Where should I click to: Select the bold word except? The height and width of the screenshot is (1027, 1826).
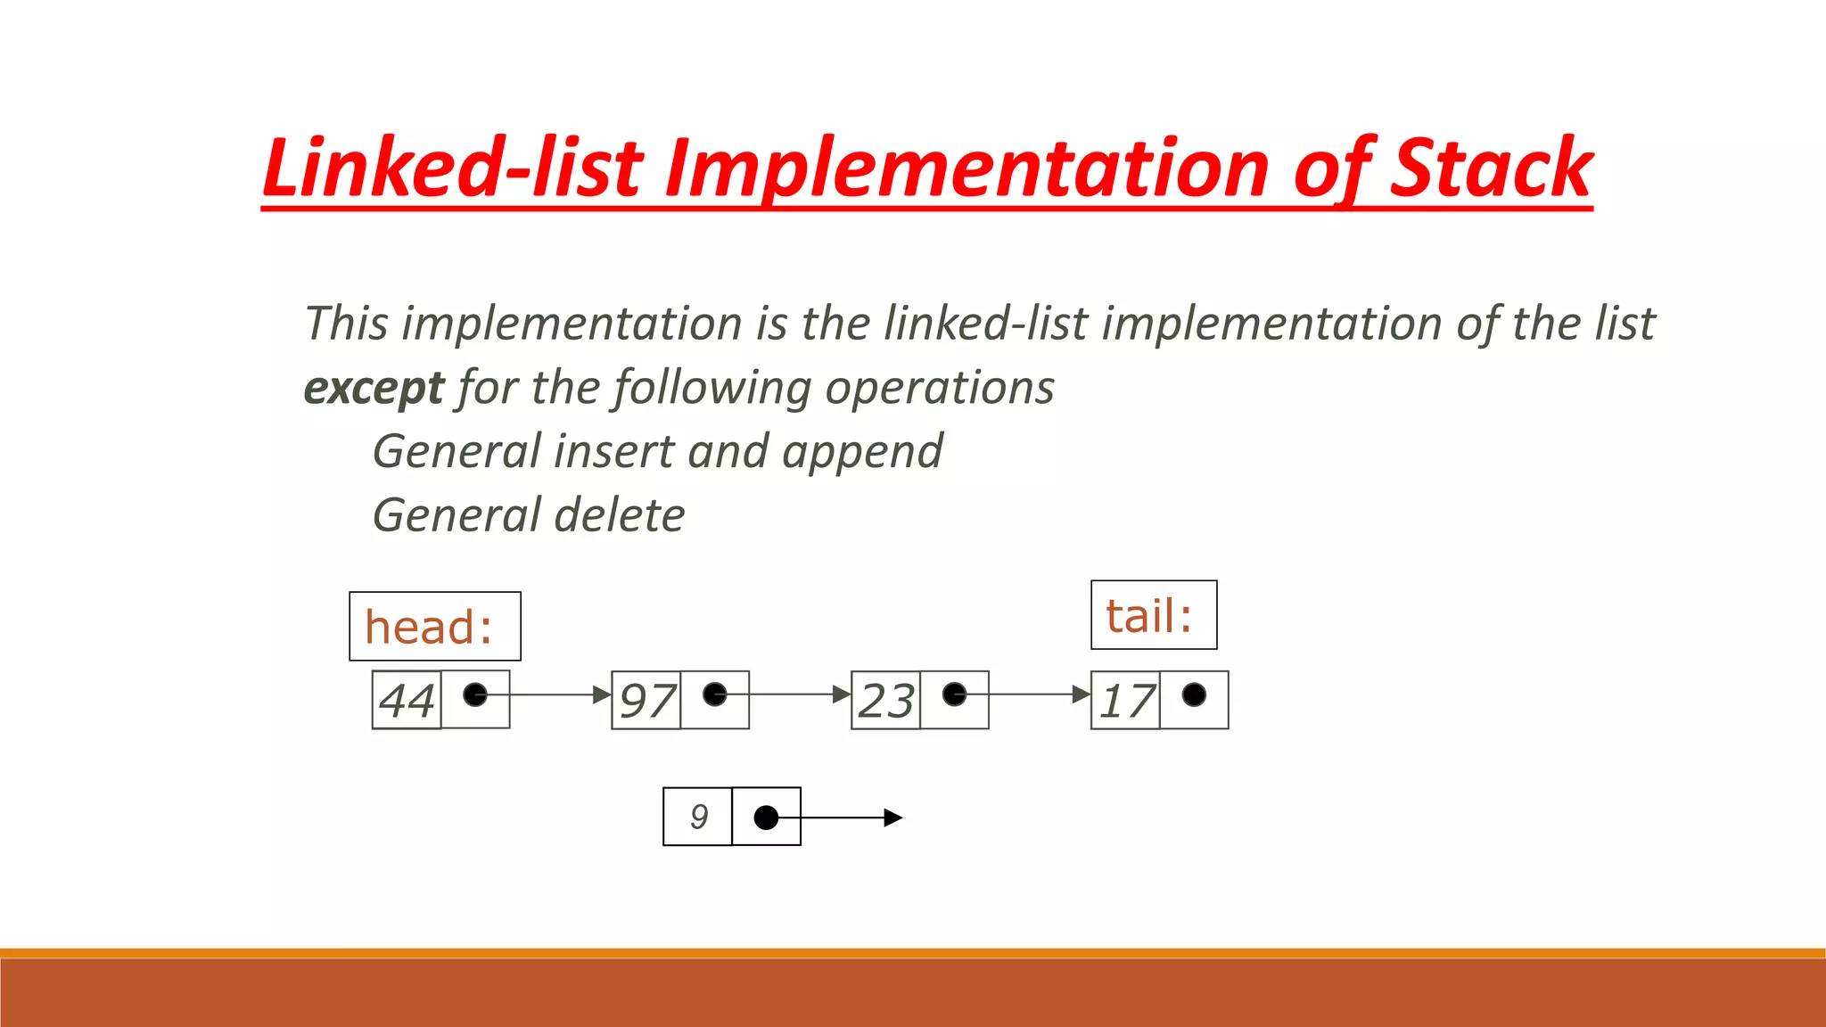[373, 388]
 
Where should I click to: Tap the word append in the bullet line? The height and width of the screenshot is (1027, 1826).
[862, 452]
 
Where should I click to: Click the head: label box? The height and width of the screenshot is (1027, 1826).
[434, 626]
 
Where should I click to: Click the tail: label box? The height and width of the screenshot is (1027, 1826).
[1153, 615]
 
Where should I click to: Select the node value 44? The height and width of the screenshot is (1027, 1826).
[407, 700]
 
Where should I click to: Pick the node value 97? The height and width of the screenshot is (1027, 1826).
[646, 701]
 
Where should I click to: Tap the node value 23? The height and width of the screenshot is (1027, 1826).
[885, 701]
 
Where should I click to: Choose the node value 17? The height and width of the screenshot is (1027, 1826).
[1125, 701]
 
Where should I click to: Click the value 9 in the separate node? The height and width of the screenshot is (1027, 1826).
[698, 817]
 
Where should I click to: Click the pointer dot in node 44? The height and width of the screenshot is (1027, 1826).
[475, 694]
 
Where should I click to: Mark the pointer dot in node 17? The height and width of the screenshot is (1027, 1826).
[1194, 694]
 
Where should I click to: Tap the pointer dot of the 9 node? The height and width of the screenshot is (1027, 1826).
[766, 817]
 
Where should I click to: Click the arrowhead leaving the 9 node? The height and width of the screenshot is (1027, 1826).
[893, 817]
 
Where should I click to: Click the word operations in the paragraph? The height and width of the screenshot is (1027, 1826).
[939, 388]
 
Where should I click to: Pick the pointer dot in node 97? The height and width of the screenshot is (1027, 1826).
[715, 694]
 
